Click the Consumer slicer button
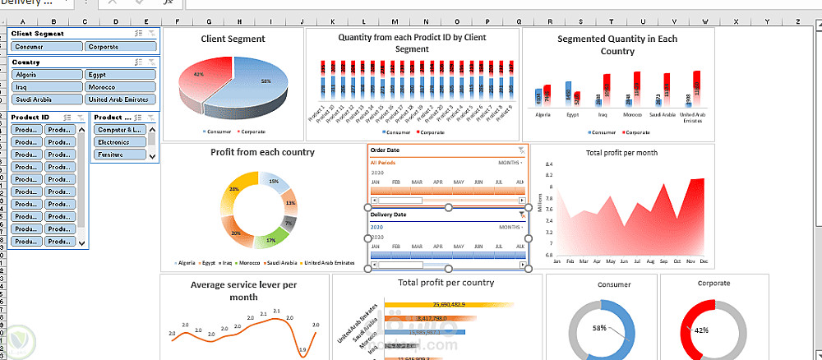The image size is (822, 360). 45,47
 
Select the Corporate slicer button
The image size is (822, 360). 120,47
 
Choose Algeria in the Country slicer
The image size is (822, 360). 45,75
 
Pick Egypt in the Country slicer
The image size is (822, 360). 120,75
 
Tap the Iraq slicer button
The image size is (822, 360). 45,87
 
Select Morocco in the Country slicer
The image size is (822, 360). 120,87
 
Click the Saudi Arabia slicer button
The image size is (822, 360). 45,99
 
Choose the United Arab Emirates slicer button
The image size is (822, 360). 120,99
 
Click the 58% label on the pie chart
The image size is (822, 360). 266,81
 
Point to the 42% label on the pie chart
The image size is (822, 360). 198,75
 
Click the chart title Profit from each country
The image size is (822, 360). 262,152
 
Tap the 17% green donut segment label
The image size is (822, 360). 270,241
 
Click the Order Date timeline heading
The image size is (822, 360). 386,150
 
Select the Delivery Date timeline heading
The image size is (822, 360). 389,215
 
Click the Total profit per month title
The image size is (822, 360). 622,153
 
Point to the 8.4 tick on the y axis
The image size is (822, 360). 548,164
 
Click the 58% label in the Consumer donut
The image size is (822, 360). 599,328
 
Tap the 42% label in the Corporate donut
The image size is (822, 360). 701,330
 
